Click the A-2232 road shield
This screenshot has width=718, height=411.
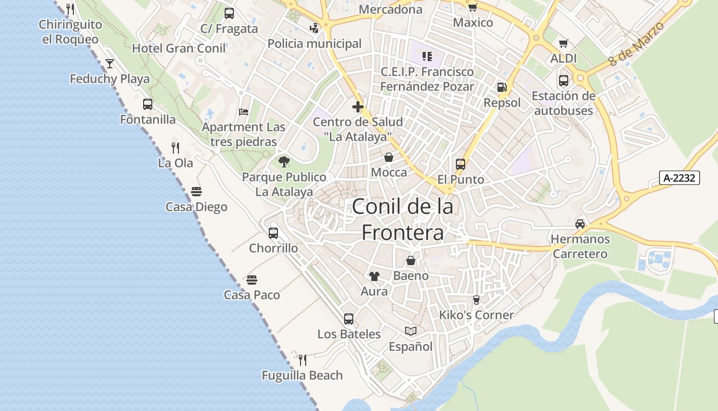click(x=680, y=178)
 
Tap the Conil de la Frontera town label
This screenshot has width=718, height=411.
click(x=403, y=219)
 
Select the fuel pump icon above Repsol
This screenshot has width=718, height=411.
click(x=502, y=88)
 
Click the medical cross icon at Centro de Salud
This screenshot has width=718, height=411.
click(x=358, y=107)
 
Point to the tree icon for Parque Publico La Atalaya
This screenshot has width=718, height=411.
click(x=284, y=162)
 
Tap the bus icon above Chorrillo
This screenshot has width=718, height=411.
click(x=273, y=233)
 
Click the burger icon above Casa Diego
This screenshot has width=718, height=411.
click(x=196, y=192)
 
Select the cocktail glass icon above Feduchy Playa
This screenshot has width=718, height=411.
click(x=110, y=64)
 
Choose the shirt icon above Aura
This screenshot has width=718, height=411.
click(x=374, y=276)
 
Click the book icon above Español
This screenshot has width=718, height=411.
click(x=410, y=331)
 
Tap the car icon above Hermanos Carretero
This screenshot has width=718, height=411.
click(x=580, y=224)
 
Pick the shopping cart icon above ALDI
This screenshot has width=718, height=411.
click(x=564, y=44)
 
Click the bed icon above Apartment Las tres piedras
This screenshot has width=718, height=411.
click(x=244, y=112)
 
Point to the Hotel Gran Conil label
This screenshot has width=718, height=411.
click(x=179, y=48)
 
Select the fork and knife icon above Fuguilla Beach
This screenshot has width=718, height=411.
click(x=303, y=360)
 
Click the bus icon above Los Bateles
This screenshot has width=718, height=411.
click(x=349, y=319)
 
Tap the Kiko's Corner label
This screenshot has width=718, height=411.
click(x=476, y=315)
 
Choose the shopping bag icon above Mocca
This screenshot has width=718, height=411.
click(x=389, y=157)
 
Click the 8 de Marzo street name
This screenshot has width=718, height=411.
click(x=636, y=44)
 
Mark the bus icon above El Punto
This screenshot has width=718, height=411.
click(x=461, y=164)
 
